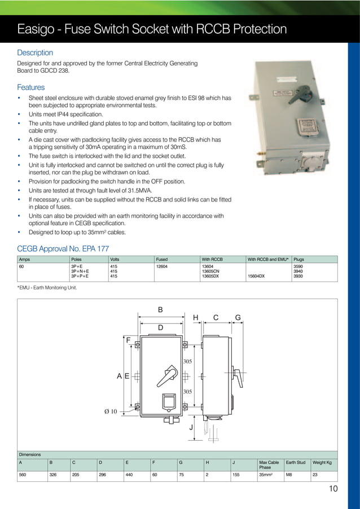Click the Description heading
[x=35, y=52]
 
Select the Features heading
[x=30, y=87]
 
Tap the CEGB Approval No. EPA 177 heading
[x=63, y=248]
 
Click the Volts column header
[x=115, y=260]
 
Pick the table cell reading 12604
[x=161, y=266]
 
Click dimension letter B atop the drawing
[x=160, y=310]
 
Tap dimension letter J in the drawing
[x=191, y=427]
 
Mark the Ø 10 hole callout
[x=111, y=411]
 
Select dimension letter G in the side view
[x=238, y=318]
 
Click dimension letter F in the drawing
[x=128, y=340]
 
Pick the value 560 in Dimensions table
[x=23, y=475]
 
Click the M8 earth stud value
[x=289, y=475]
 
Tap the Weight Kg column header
[x=322, y=462]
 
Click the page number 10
[x=333, y=489]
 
